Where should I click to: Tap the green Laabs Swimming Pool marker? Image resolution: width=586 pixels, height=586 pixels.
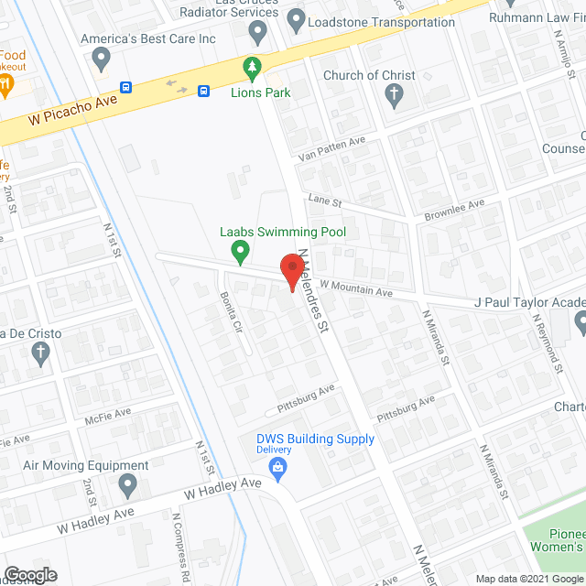point(240,249)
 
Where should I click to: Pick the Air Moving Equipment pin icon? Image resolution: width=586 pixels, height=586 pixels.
point(127,483)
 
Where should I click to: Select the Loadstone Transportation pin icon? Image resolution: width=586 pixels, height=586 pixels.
point(295,18)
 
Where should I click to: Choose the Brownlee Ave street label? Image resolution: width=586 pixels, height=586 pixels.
point(453,210)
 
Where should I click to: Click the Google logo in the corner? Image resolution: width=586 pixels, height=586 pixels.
point(29,575)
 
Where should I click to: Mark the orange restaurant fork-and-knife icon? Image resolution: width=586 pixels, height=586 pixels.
point(7,86)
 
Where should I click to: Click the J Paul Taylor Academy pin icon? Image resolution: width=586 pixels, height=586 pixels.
point(581,320)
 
